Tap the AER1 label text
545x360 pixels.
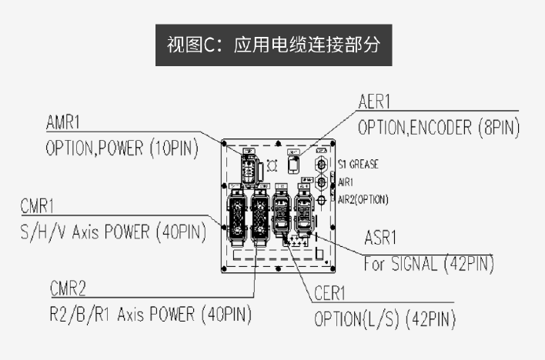[x=376, y=102]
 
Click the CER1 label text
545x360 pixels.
[x=331, y=294]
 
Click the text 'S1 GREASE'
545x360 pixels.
[x=358, y=165]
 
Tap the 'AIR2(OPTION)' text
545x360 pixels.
[x=363, y=199]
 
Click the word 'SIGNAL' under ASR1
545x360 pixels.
[x=419, y=263]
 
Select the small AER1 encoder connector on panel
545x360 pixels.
[x=293, y=165]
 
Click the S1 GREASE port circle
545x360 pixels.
[x=321, y=165]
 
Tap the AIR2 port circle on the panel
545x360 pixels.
[x=321, y=199]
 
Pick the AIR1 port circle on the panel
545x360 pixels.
[x=321, y=182]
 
